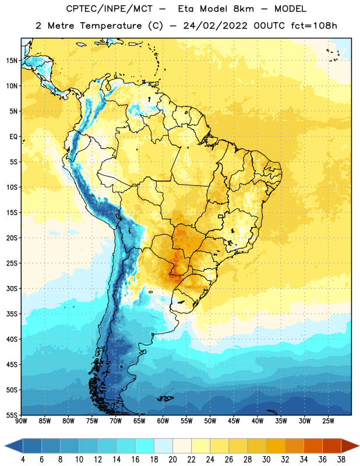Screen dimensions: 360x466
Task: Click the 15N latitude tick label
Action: [x=12, y=61]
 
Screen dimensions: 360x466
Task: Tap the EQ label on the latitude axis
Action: [x=13, y=137]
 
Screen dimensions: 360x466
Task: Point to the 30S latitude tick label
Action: [x=12, y=288]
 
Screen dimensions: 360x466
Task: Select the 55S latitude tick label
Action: [x=12, y=415]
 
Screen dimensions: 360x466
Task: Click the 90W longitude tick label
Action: [x=21, y=421]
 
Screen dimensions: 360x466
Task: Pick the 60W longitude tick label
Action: [x=163, y=421]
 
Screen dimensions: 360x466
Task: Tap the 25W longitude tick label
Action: [x=328, y=421]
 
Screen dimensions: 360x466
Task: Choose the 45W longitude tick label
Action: [x=234, y=421]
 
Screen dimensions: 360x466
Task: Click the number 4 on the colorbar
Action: [x=23, y=460]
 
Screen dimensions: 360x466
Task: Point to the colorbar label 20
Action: [x=172, y=460]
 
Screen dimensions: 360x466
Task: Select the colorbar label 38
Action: [x=341, y=460]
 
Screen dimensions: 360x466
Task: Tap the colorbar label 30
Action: [x=266, y=460]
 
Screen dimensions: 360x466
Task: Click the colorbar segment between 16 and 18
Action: [x=144, y=446]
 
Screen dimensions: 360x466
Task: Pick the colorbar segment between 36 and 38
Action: [x=332, y=446]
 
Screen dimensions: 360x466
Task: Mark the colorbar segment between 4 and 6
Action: [x=32, y=446]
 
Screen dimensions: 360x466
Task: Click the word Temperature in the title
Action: [x=111, y=26]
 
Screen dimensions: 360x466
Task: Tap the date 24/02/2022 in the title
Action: [x=215, y=26]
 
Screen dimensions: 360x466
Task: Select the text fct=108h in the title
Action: [x=314, y=26]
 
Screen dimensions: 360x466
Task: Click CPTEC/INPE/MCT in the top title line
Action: [x=109, y=9]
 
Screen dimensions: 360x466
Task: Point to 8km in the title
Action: [x=243, y=9]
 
